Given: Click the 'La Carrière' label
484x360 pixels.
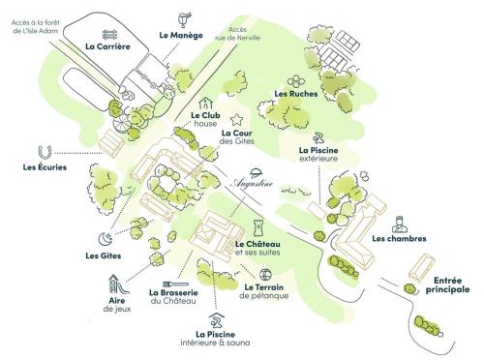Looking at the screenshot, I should (x=107, y=45).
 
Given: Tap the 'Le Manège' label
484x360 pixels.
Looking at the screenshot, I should (x=181, y=35).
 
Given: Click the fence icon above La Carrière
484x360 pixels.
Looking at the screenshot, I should (x=108, y=27).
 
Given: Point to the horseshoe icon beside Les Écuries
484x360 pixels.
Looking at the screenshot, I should (x=42, y=151).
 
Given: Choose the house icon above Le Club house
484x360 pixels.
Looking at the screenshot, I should (x=204, y=102).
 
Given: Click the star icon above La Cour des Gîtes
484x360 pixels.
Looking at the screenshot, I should (x=237, y=119).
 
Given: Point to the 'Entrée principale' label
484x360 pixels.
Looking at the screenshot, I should (x=446, y=285).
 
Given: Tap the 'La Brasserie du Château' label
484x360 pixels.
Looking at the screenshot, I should (x=174, y=296).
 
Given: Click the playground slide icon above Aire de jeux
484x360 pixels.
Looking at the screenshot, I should (x=115, y=284).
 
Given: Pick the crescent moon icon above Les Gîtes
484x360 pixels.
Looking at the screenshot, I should (x=104, y=239).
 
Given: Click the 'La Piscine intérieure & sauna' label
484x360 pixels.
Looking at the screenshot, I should (x=215, y=339).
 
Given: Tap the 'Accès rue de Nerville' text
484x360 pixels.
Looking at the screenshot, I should (x=245, y=35).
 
